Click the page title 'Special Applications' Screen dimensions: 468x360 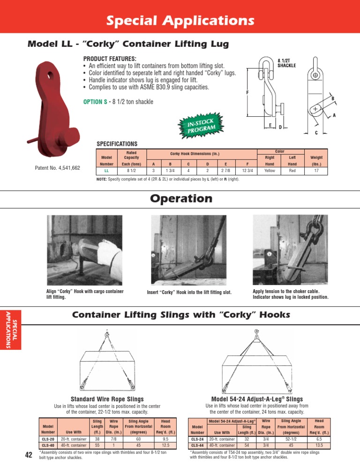[180, 21]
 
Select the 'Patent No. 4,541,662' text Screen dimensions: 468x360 [58, 168]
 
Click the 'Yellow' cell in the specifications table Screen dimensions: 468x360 [270, 171]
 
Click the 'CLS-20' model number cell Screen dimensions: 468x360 [48, 439]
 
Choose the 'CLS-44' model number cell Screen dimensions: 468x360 [197, 445]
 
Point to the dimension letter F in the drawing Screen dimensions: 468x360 [247, 92]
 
